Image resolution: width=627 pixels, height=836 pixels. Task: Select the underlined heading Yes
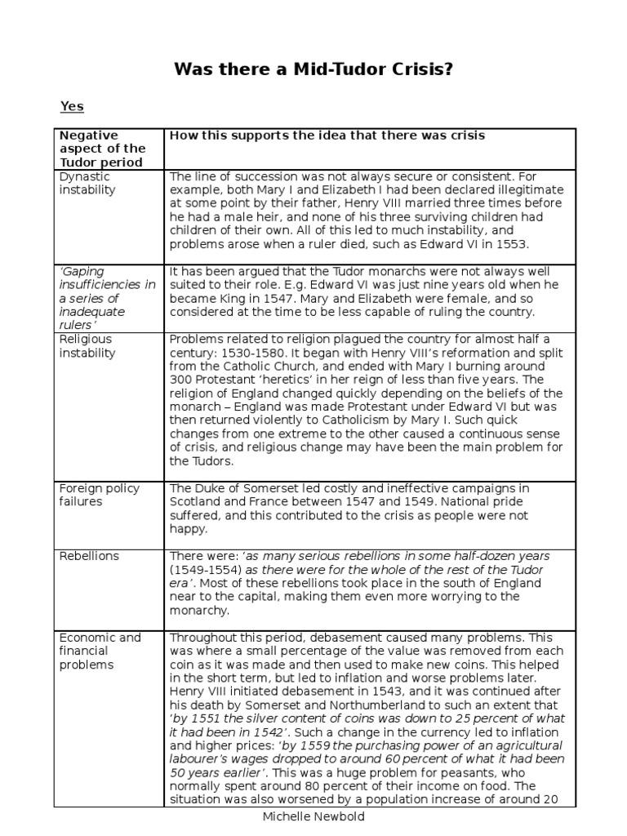72,106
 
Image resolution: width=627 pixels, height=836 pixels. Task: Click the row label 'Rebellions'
89,556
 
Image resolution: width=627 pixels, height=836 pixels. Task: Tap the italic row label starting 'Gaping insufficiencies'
106,297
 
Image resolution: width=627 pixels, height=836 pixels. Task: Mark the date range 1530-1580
270,353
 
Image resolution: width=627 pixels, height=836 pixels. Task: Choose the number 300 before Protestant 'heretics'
180,380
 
